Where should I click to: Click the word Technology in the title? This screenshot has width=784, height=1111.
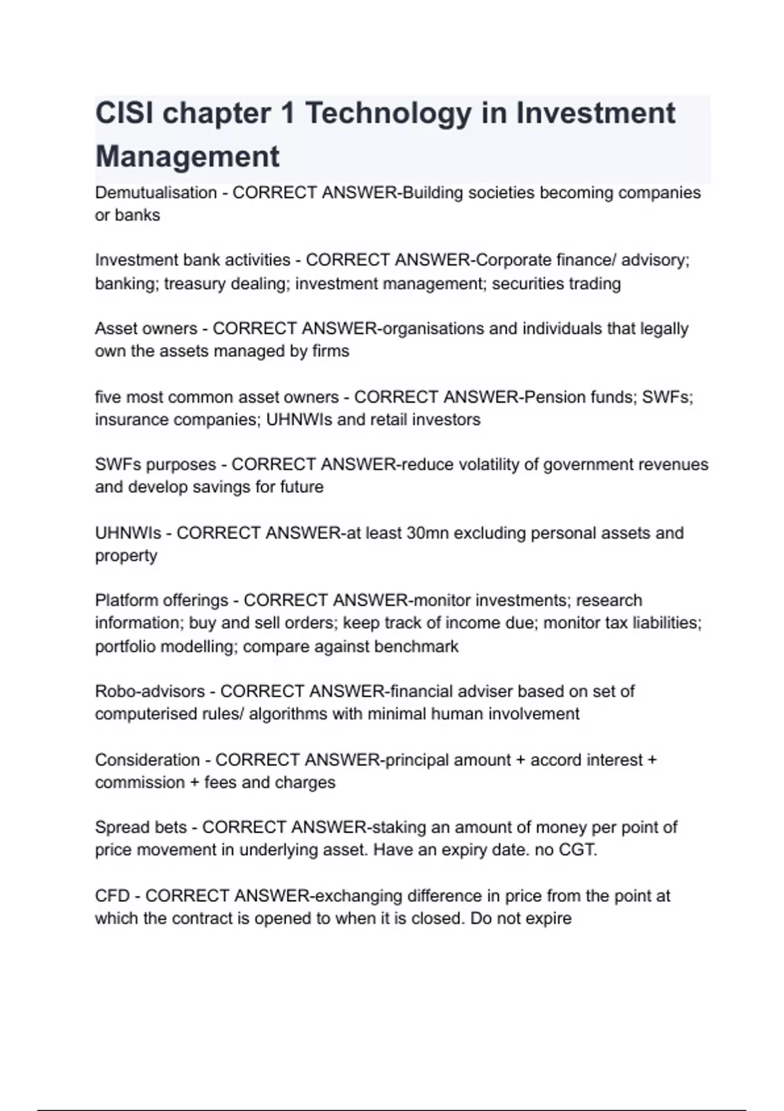click(388, 113)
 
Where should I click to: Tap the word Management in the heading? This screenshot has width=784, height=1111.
click(188, 157)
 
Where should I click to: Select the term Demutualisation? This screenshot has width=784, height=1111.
click(155, 193)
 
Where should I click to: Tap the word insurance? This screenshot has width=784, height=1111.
click(131, 420)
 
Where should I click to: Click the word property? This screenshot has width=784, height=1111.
click(126, 555)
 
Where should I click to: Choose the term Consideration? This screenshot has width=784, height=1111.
click(147, 760)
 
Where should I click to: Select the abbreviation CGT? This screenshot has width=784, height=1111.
click(578, 850)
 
